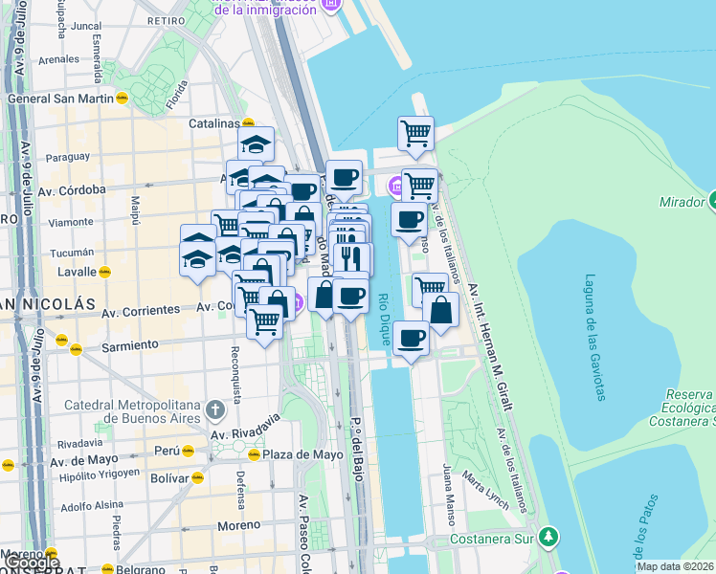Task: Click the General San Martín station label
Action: coord(59,99)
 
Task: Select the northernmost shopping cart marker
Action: coord(415,133)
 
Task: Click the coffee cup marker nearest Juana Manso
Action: coord(411,339)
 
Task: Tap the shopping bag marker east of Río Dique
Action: coord(440,311)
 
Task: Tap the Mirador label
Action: coord(682,203)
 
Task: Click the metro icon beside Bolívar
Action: coord(197,476)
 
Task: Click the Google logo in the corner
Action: coord(31,563)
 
